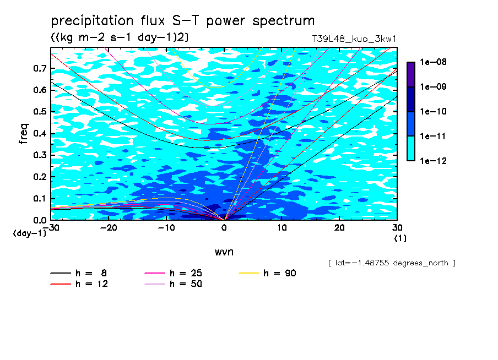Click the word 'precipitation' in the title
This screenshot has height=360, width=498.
[92, 21]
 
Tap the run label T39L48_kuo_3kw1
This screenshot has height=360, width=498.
[354, 39]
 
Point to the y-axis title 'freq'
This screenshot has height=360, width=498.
[24, 134]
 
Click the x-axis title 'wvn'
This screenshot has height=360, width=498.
[224, 252]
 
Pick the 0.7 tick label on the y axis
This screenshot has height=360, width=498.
[40, 68]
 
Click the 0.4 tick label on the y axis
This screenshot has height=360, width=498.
[40, 133]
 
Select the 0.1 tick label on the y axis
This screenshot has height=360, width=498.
[40, 198]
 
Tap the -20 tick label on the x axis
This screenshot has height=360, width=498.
[109, 228]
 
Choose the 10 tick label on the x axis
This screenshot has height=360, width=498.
[282, 228]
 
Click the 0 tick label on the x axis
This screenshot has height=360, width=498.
[224, 228]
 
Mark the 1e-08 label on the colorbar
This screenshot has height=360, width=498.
[433, 62]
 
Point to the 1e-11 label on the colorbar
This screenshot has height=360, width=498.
[433, 136]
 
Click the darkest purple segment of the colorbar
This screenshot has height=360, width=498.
[411, 74]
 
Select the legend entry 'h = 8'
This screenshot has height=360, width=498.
[78, 273]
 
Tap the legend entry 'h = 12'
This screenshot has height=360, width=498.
[79, 283]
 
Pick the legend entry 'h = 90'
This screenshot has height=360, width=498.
[267, 273]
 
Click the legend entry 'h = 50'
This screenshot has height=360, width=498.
[174, 283]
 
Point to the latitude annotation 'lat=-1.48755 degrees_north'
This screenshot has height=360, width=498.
[392, 263]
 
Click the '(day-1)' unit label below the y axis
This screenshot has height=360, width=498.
[30, 233]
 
